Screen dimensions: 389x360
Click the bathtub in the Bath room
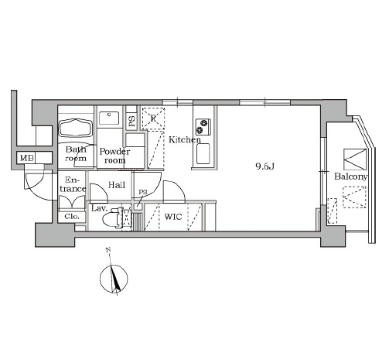[76, 128]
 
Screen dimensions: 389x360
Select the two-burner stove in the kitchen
[203, 127]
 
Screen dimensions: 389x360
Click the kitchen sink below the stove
[203, 154]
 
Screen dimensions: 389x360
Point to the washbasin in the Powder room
[109, 118]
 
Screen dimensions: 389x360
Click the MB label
[26, 158]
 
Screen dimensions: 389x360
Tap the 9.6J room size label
[264, 166]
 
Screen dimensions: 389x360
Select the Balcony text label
[350, 177]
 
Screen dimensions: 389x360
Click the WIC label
[173, 217]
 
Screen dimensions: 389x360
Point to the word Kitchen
[185, 139]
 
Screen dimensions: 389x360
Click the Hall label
[117, 185]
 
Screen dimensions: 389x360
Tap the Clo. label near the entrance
[72, 217]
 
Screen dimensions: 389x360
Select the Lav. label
[99, 208]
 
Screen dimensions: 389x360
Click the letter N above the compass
[108, 250]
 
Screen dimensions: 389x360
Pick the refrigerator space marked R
[153, 118]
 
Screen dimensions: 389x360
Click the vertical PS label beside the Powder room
[131, 122]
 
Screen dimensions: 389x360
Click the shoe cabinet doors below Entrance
[72, 202]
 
